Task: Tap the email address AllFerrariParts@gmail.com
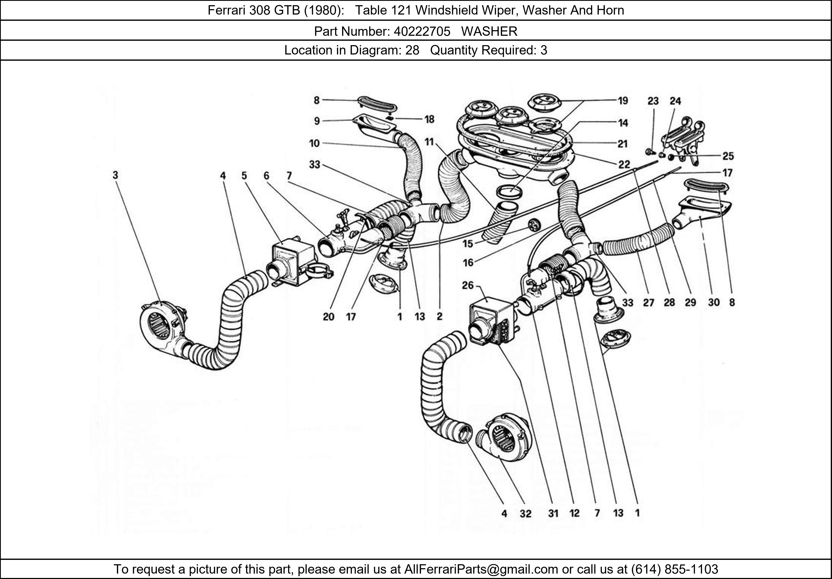481,569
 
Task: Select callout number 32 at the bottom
525,513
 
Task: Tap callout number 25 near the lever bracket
728,156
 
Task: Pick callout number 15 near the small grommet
468,244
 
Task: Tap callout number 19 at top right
623,101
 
